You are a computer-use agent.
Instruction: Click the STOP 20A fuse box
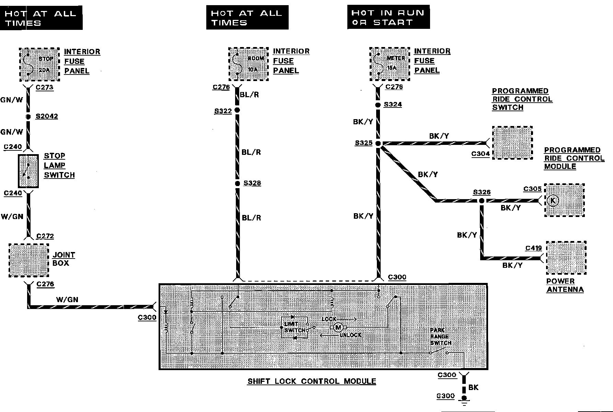coord(39,65)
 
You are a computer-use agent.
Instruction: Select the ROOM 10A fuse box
coord(248,64)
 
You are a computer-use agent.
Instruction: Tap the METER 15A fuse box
coord(390,64)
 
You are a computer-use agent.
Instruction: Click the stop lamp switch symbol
coord(28,171)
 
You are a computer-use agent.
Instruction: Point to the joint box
coord(29,260)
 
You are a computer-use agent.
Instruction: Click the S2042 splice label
coord(47,116)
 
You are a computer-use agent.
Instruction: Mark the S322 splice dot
coord(237,110)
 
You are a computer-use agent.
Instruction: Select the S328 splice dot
coord(237,183)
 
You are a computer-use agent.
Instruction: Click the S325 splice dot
coord(378,144)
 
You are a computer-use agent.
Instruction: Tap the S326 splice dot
coord(482,201)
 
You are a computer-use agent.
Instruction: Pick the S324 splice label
coord(393,104)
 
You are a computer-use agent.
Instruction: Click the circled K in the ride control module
coord(553,201)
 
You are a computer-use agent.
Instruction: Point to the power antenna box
coord(566,258)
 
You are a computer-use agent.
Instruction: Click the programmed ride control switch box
coord(512,143)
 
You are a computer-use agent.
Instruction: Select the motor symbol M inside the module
coord(338,327)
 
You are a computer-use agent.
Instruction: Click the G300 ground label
coord(446,396)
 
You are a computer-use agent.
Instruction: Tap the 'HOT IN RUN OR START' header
coord(388,17)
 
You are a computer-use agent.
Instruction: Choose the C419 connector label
coord(533,248)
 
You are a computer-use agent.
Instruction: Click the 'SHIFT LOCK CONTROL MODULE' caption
coord(312,381)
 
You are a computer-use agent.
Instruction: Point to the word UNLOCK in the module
coord(351,335)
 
